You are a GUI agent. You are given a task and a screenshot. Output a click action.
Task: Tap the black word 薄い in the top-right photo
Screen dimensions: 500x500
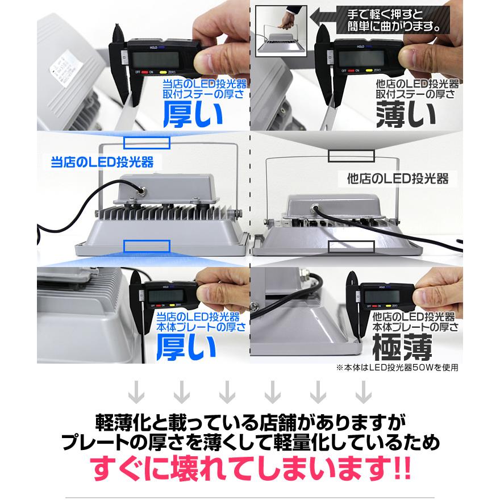pos(407,114)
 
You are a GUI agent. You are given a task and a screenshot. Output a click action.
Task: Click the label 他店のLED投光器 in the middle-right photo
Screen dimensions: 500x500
pos(398,179)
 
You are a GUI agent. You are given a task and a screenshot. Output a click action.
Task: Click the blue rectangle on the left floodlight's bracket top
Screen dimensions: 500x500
pos(147,143)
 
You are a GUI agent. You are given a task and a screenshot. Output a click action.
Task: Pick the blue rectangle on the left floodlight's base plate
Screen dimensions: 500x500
pos(147,246)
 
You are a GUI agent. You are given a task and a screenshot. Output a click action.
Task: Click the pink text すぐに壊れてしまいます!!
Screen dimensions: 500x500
pos(250,470)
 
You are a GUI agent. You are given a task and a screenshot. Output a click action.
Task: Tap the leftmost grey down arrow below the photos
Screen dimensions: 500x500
pos(135,391)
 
